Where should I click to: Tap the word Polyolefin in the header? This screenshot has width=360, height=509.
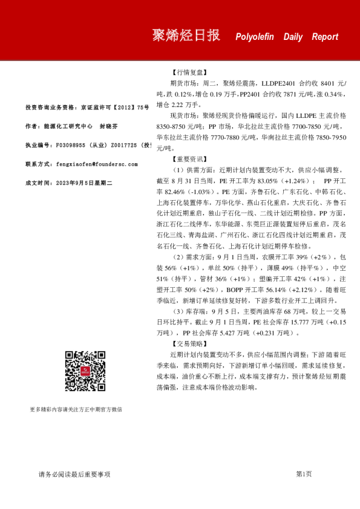tap(255, 37)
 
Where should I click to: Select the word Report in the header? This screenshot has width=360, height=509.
tap(325, 37)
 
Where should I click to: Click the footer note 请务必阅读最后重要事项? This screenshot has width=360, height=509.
tap(74, 475)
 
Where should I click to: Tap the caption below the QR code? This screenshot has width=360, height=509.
tap(76, 409)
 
